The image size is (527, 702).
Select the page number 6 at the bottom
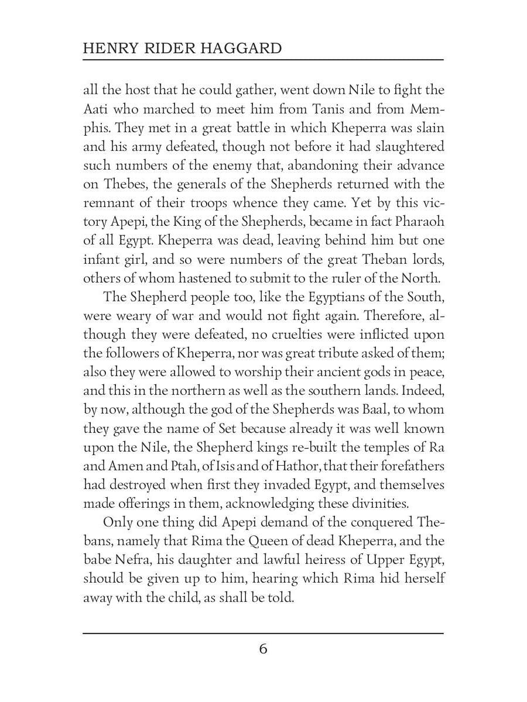click(263, 649)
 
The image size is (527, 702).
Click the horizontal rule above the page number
click(263, 633)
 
